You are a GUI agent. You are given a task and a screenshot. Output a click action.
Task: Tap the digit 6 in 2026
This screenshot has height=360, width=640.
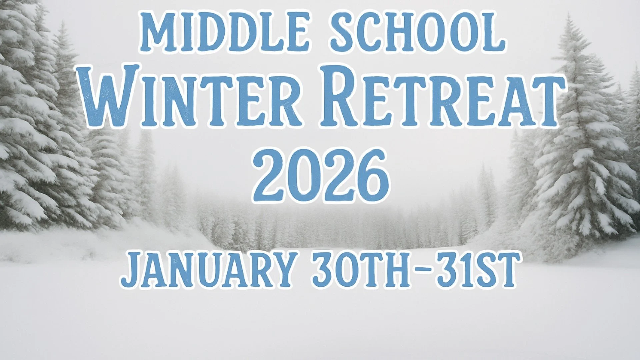tap(368, 175)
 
